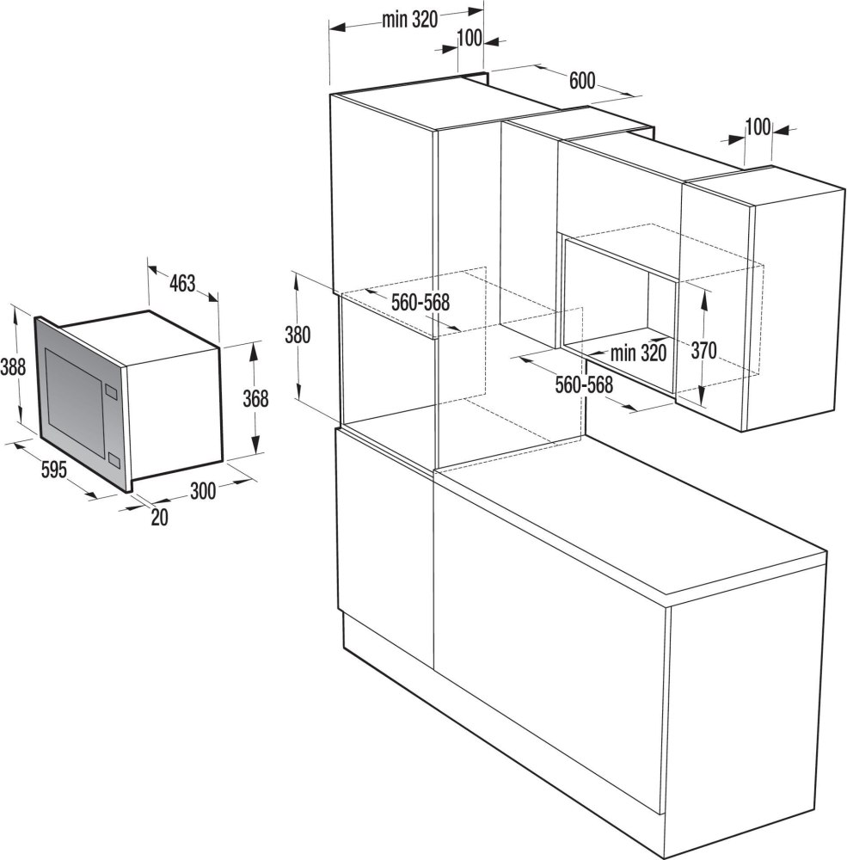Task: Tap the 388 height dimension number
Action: (x=14, y=367)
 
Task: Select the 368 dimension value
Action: (x=255, y=399)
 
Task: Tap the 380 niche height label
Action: (x=298, y=335)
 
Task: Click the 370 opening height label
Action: (x=703, y=351)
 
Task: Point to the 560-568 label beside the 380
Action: (x=421, y=303)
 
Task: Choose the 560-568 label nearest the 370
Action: (x=583, y=385)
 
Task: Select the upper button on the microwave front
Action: (x=110, y=393)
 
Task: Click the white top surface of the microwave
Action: (x=138, y=334)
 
